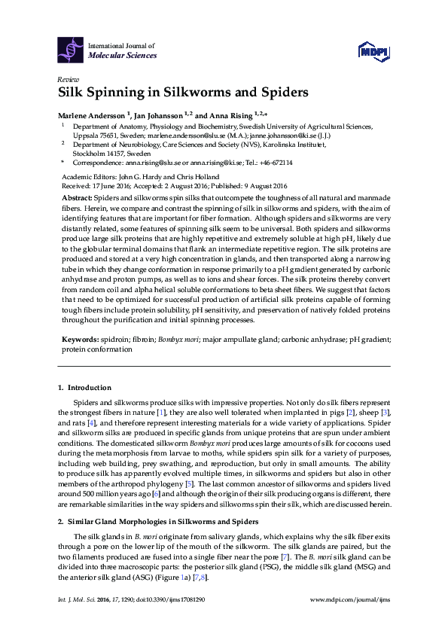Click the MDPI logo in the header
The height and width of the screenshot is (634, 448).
(x=374, y=50)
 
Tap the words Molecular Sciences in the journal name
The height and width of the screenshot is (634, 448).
(x=123, y=56)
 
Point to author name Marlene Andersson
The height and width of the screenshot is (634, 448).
(x=93, y=115)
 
